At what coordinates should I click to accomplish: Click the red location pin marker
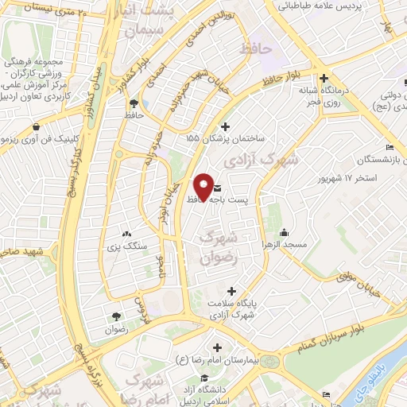(x=203, y=188)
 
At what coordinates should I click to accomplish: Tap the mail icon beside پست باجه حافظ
(x=217, y=188)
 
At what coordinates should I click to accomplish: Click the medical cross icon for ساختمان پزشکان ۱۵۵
(x=226, y=126)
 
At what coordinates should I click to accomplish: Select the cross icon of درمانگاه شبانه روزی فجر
(x=324, y=79)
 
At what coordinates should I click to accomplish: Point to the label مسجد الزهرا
(x=288, y=246)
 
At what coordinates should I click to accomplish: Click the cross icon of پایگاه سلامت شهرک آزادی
(x=231, y=291)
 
